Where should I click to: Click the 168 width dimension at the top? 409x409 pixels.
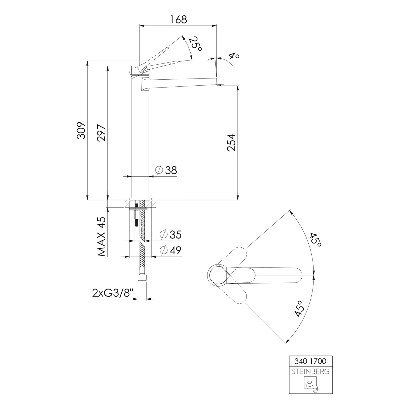pyautogui.click(x=179, y=20)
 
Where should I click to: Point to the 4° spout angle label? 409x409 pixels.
pyautogui.click(x=234, y=56)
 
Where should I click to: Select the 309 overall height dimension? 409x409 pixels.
pyautogui.click(x=81, y=131)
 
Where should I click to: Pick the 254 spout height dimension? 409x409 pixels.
pyautogui.click(x=231, y=143)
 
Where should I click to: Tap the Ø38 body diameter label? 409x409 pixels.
pyautogui.click(x=166, y=170)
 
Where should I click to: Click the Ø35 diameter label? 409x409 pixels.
pyautogui.click(x=171, y=234)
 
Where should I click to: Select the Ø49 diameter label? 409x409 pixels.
pyautogui.click(x=171, y=250)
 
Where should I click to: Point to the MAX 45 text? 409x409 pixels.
pyautogui.click(x=101, y=237)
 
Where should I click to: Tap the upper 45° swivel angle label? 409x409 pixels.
pyautogui.click(x=315, y=240)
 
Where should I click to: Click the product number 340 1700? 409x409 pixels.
pyautogui.click(x=310, y=361)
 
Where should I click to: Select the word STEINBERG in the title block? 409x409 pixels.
pyautogui.click(x=310, y=371)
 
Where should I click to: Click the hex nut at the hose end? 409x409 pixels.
pyautogui.click(x=142, y=279)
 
